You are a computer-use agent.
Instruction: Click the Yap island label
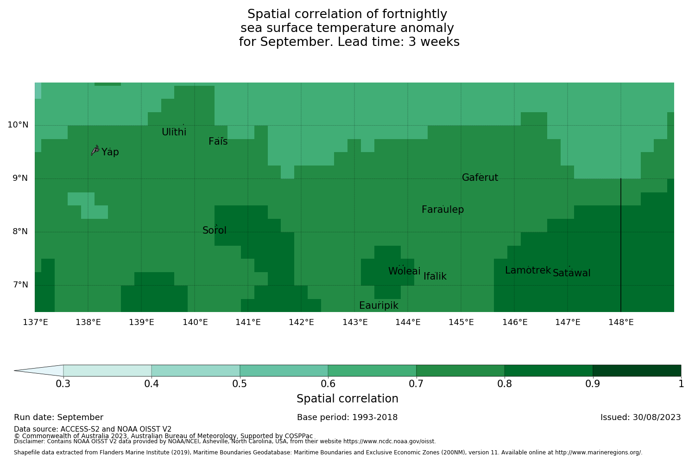click(x=110, y=152)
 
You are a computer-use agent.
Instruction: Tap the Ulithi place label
click(x=174, y=132)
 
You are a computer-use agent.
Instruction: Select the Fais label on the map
click(x=218, y=141)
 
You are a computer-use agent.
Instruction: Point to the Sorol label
click(x=215, y=230)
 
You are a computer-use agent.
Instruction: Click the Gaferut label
click(x=480, y=178)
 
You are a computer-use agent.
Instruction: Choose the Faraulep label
click(x=442, y=210)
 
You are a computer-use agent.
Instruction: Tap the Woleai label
click(x=404, y=271)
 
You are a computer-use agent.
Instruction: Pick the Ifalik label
click(x=435, y=276)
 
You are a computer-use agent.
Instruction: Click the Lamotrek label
click(x=528, y=270)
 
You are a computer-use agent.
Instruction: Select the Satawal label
click(x=571, y=273)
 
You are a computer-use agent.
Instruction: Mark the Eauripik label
click(x=379, y=306)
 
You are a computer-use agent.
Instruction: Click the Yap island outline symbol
click(x=95, y=150)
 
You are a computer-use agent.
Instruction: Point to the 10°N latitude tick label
click(x=18, y=125)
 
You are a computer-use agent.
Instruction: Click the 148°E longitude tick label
click(x=621, y=322)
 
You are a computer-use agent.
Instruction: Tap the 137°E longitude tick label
click(x=35, y=322)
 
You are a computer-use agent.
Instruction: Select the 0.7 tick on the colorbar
click(x=416, y=383)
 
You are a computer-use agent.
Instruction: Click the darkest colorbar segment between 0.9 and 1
click(x=637, y=370)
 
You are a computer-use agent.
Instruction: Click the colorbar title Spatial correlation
click(x=347, y=399)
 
